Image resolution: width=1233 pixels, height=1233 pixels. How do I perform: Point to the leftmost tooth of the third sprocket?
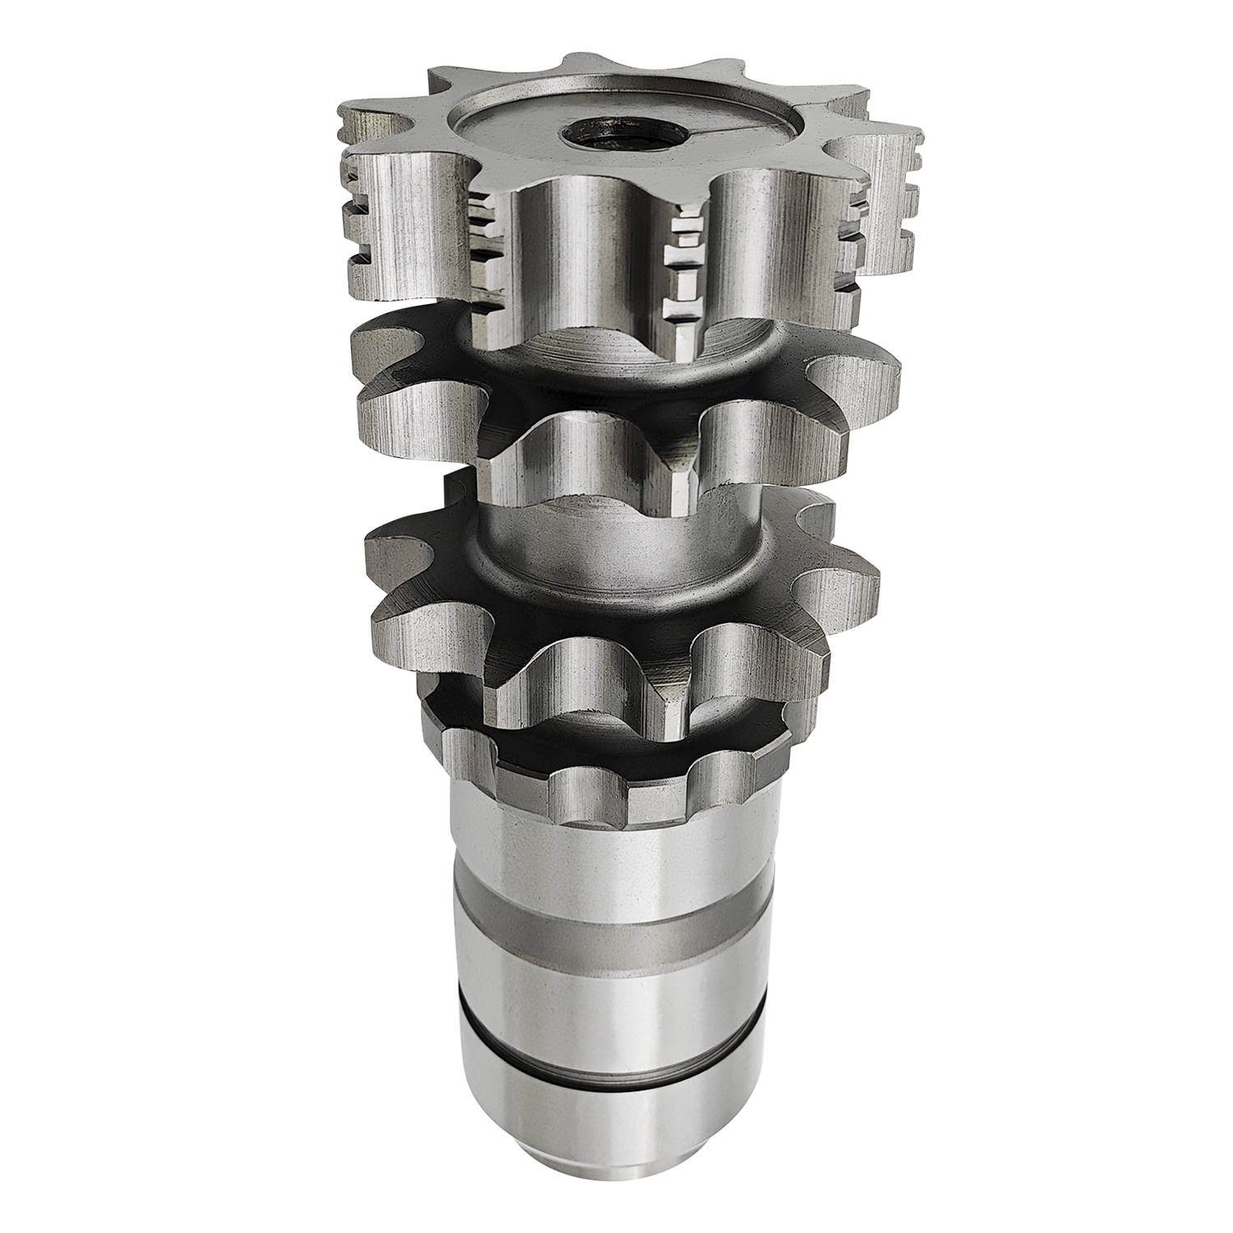[x=395, y=559]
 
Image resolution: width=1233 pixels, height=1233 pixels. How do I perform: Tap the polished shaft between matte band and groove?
[x=608, y=999]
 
